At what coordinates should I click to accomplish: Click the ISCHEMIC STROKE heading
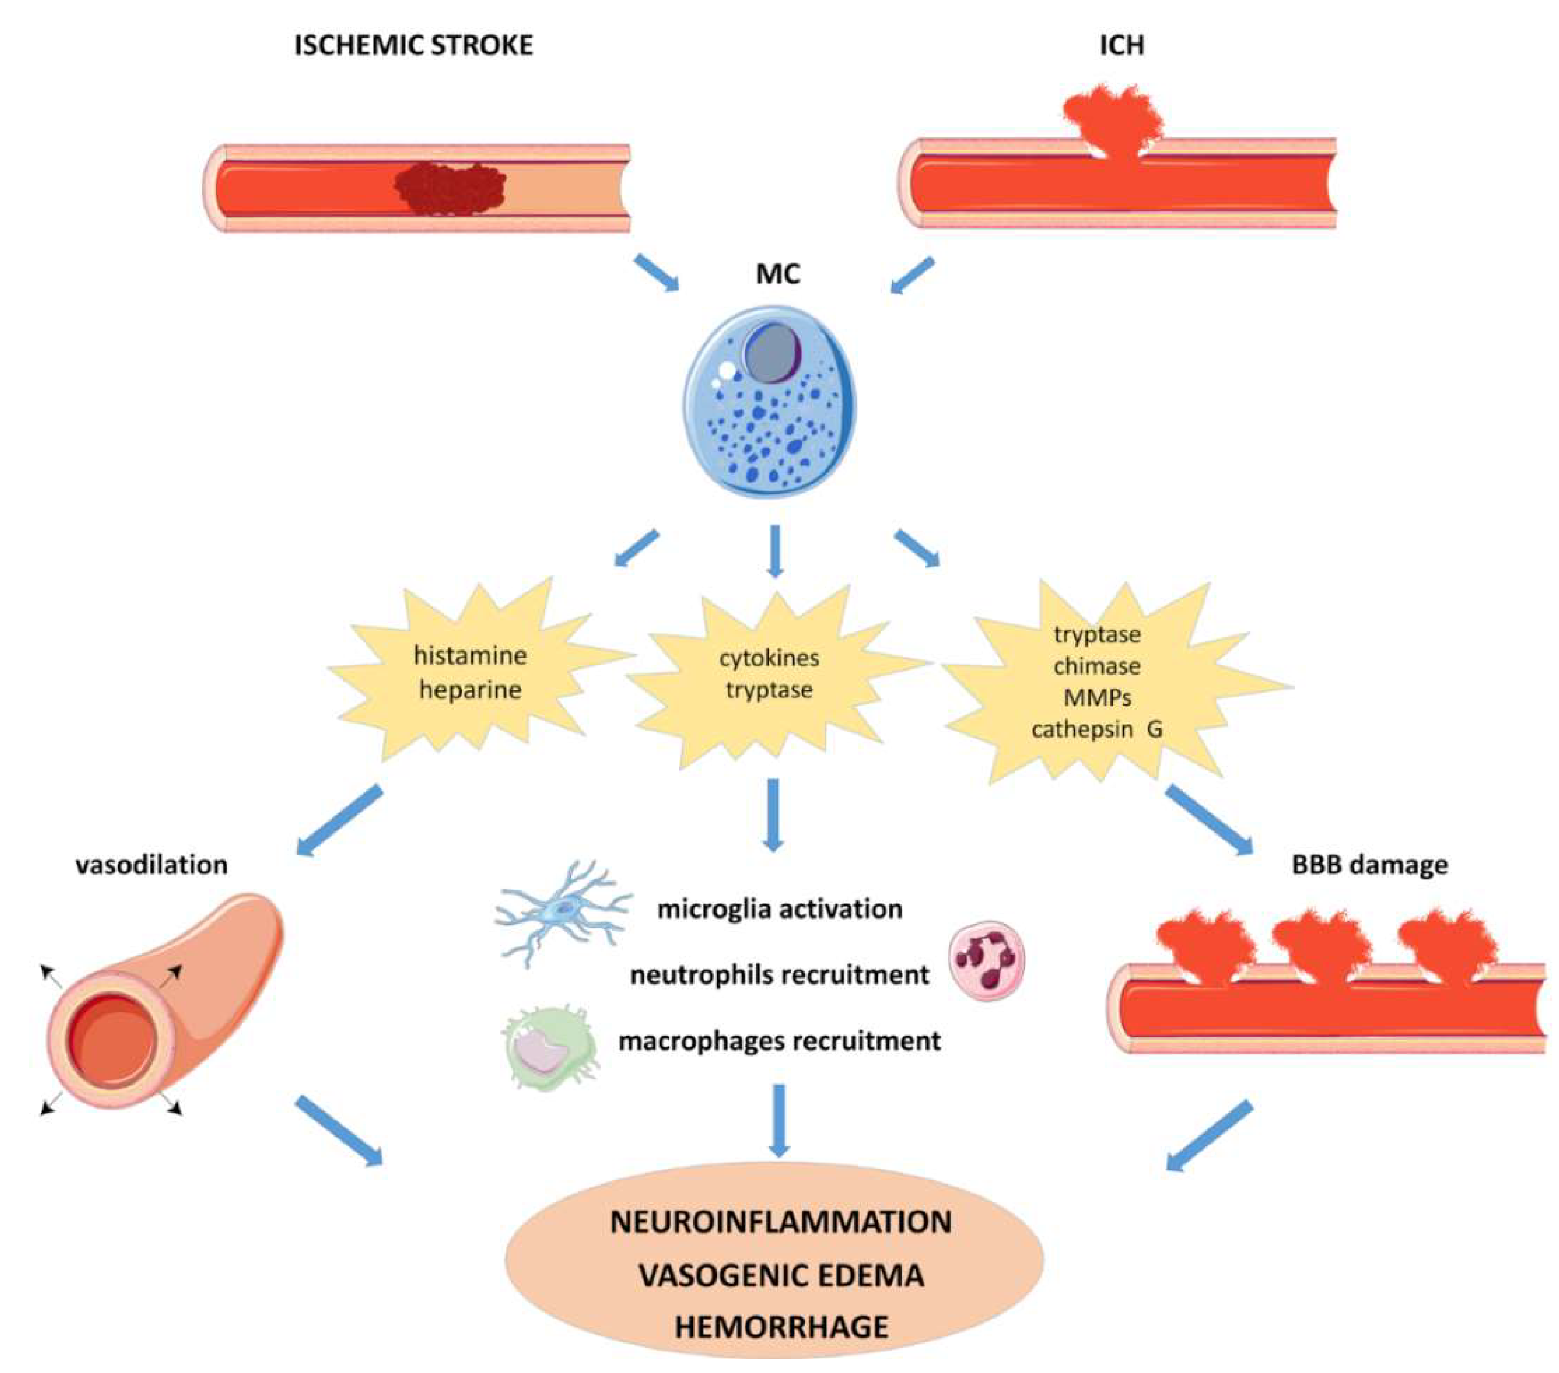coord(413,46)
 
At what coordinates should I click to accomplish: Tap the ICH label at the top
coord(1122,46)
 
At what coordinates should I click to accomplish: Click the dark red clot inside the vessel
coord(450,187)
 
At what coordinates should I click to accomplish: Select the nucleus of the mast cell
coord(772,353)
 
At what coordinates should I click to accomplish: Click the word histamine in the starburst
coord(470,655)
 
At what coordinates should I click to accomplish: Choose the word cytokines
coord(769,658)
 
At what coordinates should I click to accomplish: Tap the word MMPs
coord(1097,698)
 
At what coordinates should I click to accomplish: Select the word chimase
coord(1097,666)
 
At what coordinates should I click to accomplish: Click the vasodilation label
coord(152,865)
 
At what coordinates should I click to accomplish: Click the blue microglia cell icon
coord(563,909)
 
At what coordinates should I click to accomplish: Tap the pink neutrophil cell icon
coord(986,959)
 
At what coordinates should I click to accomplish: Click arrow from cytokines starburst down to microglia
coord(774,815)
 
